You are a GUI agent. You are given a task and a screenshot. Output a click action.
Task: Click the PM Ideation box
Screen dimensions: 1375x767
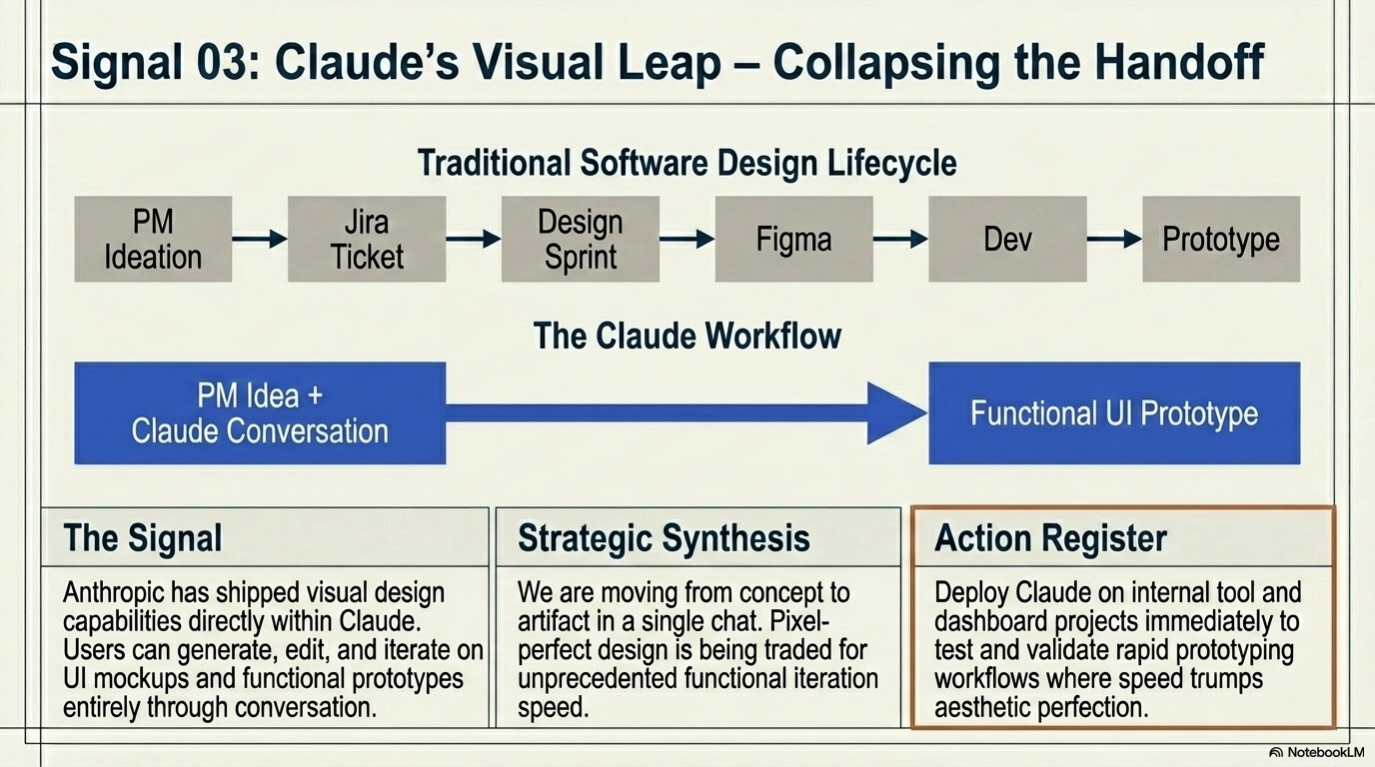point(153,239)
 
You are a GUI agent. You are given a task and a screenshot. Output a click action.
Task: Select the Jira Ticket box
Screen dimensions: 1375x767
point(367,239)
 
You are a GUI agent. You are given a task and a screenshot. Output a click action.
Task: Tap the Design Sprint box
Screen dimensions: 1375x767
point(580,239)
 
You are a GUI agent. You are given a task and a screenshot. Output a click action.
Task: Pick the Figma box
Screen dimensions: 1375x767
point(793,239)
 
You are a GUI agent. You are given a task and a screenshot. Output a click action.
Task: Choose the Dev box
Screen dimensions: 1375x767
point(1007,239)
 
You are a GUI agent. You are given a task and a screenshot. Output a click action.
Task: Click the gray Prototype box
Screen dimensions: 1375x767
point(1221,239)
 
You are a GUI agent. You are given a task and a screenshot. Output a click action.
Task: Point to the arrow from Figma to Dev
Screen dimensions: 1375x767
point(900,239)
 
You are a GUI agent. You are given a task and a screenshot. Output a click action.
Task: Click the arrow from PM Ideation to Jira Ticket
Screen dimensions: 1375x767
point(260,239)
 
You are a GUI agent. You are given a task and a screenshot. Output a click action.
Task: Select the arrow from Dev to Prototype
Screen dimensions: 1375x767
point(1114,239)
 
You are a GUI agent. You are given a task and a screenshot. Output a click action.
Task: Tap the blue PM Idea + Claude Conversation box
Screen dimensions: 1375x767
point(260,413)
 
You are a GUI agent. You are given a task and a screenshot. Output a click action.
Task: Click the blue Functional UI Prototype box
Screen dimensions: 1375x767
point(1114,413)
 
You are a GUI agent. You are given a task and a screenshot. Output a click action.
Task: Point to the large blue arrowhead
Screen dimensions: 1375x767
point(895,411)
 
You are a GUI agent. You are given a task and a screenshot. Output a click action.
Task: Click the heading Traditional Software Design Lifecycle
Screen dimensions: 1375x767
point(687,163)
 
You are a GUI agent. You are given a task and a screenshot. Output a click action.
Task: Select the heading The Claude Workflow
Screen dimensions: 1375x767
point(687,336)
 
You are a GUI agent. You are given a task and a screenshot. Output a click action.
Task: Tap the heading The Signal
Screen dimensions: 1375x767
point(143,538)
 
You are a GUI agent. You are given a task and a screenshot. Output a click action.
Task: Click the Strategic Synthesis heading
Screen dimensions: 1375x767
point(664,538)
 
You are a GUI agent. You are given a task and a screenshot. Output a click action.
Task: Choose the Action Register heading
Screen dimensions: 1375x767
point(1050,538)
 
